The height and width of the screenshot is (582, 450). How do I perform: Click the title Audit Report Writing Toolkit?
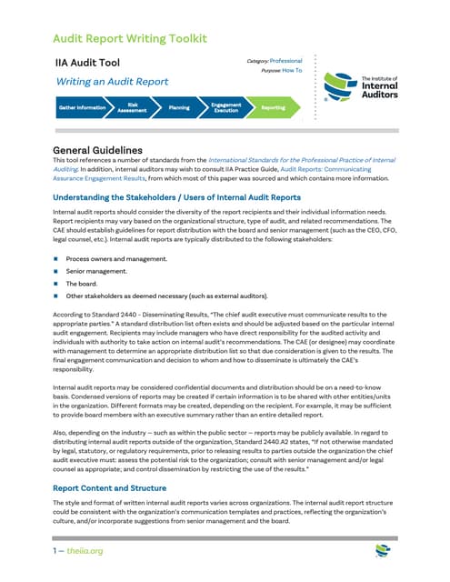point(130,38)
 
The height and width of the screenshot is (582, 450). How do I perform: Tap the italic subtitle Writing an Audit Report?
point(112,82)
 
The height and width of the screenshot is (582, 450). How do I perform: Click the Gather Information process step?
point(83,107)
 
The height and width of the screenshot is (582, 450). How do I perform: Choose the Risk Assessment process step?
point(133,107)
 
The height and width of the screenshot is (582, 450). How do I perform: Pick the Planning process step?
point(179,107)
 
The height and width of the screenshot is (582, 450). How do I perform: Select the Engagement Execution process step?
point(225,107)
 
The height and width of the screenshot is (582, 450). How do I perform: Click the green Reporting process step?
point(273,107)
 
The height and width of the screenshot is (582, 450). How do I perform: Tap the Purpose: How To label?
point(282,70)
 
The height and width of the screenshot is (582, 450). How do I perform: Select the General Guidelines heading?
point(97,150)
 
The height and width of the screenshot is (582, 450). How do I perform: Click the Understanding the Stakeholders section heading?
point(176,196)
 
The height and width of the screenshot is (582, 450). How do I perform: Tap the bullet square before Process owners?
point(55,259)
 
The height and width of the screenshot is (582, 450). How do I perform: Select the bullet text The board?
point(84,283)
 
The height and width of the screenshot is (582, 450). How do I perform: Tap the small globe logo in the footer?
point(383,552)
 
